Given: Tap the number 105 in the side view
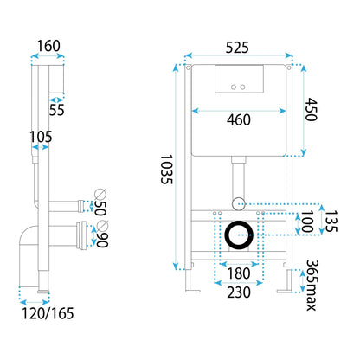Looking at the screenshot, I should click(40, 137).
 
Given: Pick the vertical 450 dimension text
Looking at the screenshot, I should click(311, 109).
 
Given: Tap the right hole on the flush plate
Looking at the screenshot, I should click(245, 87).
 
